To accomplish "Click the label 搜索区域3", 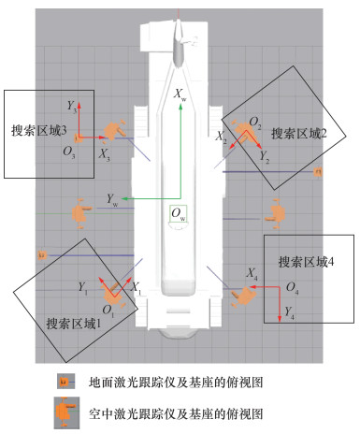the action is pyautogui.click(x=39, y=130).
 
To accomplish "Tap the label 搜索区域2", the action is pyautogui.click(x=299, y=134).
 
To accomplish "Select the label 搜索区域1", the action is pyautogui.click(x=74, y=324).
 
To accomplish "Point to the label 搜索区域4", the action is pyautogui.click(x=306, y=262).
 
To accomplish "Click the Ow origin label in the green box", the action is pyautogui.click(x=179, y=214).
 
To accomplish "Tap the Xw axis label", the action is pyautogui.click(x=180, y=94).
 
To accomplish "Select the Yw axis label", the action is pyautogui.click(x=112, y=199).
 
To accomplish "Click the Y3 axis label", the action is pyautogui.click(x=72, y=107).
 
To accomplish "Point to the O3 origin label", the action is pyautogui.click(x=69, y=152).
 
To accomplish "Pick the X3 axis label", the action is pyautogui.click(x=104, y=154).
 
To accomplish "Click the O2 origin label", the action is pyautogui.click(x=255, y=123).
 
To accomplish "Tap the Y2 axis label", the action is pyautogui.click(x=265, y=157).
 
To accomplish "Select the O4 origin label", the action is pyautogui.click(x=293, y=288).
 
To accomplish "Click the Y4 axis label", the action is pyautogui.click(x=289, y=312).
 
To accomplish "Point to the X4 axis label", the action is pyautogui.click(x=252, y=274).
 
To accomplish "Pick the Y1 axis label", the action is pyautogui.click(x=82, y=288).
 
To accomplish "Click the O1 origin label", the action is pyautogui.click(x=108, y=311).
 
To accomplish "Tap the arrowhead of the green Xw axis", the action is pyautogui.click(x=180, y=107).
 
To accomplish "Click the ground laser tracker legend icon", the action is pyautogui.click(x=65, y=382).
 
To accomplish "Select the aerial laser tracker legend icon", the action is pyautogui.click(x=66, y=412).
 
